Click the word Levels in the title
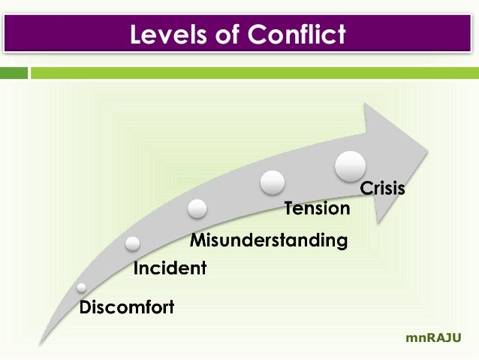[x=166, y=35]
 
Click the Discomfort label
[x=127, y=307]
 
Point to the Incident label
[x=170, y=268]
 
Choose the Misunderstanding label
[x=268, y=241]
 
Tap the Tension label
[x=317, y=208]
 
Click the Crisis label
[x=383, y=188]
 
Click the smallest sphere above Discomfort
[x=81, y=288]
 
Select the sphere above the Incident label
[x=133, y=243]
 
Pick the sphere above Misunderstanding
[x=197, y=208]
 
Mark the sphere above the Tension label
[x=273, y=182]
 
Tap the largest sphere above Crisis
[x=350, y=165]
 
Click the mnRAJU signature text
[x=433, y=339]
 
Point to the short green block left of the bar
[x=14, y=73]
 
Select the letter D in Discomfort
[x=86, y=307]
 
